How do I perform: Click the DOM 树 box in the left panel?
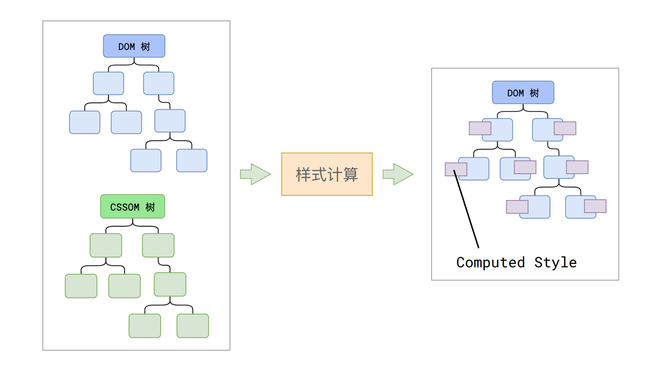134,46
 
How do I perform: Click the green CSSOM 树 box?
132,207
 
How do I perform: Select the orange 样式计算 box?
327,174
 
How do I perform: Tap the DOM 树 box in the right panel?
523,92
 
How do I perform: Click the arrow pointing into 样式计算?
255,174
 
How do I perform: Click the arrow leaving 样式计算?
398,174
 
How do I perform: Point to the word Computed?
491,263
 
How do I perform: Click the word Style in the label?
555,263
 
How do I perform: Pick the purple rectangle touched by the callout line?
456,169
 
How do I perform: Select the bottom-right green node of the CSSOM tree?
193,326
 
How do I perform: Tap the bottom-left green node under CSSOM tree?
145,326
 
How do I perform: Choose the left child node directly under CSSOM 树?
106,245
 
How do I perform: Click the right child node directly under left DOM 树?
159,83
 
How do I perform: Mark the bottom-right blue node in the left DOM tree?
192,160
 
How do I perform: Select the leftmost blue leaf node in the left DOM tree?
85,122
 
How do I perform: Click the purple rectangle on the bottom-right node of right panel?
595,206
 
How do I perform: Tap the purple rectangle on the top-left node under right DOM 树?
480,128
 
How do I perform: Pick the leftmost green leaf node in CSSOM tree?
81,286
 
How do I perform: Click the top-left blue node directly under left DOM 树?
108,83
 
